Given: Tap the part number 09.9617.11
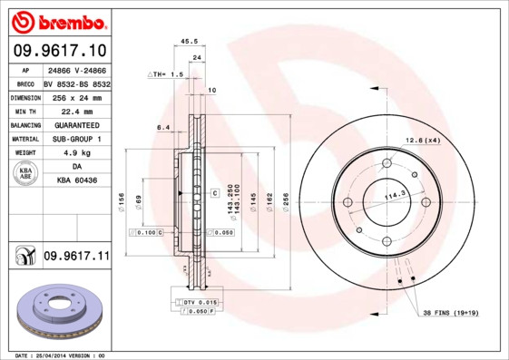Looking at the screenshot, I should coord(76,258).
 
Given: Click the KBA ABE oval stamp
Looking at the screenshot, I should coord(26,175).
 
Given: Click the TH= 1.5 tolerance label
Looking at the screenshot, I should coord(166,73).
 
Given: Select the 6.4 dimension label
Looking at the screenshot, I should coord(163,128).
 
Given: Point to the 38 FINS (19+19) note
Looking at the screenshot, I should coord(451,313).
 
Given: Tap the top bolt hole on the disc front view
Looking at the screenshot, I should coord(387,164).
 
